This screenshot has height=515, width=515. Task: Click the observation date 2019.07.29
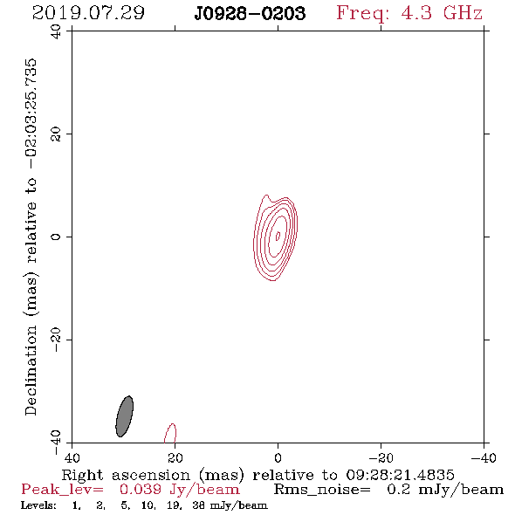click(88, 13)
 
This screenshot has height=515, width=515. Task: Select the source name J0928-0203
click(250, 14)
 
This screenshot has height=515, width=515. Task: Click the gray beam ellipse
click(125, 416)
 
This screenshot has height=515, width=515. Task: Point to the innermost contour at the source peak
click(278, 236)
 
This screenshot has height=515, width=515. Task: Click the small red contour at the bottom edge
click(170, 433)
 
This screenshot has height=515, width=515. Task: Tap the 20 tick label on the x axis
click(175, 458)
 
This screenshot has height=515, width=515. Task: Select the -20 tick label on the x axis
click(381, 458)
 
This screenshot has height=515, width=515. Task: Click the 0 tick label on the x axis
click(278, 458)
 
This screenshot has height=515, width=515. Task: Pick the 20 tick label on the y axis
click(56, 134)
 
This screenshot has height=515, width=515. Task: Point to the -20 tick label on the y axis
click(56, 340)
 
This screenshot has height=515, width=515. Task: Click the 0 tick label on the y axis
click(56, 237)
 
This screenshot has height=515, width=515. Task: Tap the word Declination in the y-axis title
click(31, 370)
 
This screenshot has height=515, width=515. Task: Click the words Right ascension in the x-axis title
click(126, 475)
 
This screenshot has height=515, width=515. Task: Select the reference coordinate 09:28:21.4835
click(400, 475)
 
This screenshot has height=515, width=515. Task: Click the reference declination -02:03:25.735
click(31, 113)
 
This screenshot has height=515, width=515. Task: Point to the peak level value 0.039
click(141, 490)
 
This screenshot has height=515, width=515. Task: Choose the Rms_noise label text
click(322, 490)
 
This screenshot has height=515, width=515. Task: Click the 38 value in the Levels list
click(198, 505)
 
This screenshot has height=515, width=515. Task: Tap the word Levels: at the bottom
click(38, 505)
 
